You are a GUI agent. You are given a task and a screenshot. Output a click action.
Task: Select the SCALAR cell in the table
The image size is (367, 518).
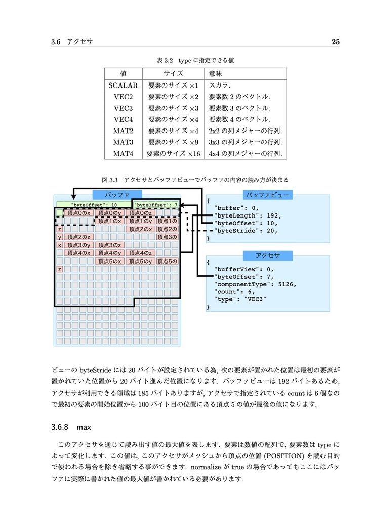coord(123,85)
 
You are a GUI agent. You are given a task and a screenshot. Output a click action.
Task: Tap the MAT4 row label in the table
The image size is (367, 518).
coord(123,154)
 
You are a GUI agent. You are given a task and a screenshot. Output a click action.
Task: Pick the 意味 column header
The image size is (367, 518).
coord(216,73)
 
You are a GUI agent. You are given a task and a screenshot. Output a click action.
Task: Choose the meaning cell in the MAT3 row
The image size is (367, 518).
coord(246,142)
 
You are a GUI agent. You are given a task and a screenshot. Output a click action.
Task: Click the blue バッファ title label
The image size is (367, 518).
coord(117,194)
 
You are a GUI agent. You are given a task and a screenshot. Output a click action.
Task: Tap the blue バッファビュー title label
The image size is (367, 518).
coord(267,195)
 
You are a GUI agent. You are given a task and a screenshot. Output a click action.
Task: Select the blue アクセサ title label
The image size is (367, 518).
coord(267,255)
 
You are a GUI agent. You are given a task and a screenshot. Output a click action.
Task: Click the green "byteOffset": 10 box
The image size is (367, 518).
coord(94,205)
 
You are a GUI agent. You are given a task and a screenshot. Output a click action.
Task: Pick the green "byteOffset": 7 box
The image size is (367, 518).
coord(156,205)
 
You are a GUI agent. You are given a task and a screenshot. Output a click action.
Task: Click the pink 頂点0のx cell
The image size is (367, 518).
coord(79,213)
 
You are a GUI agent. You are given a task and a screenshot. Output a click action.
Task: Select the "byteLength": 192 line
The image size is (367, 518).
coord(248,215)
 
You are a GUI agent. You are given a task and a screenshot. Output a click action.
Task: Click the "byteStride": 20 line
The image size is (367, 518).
coord(248,230)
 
